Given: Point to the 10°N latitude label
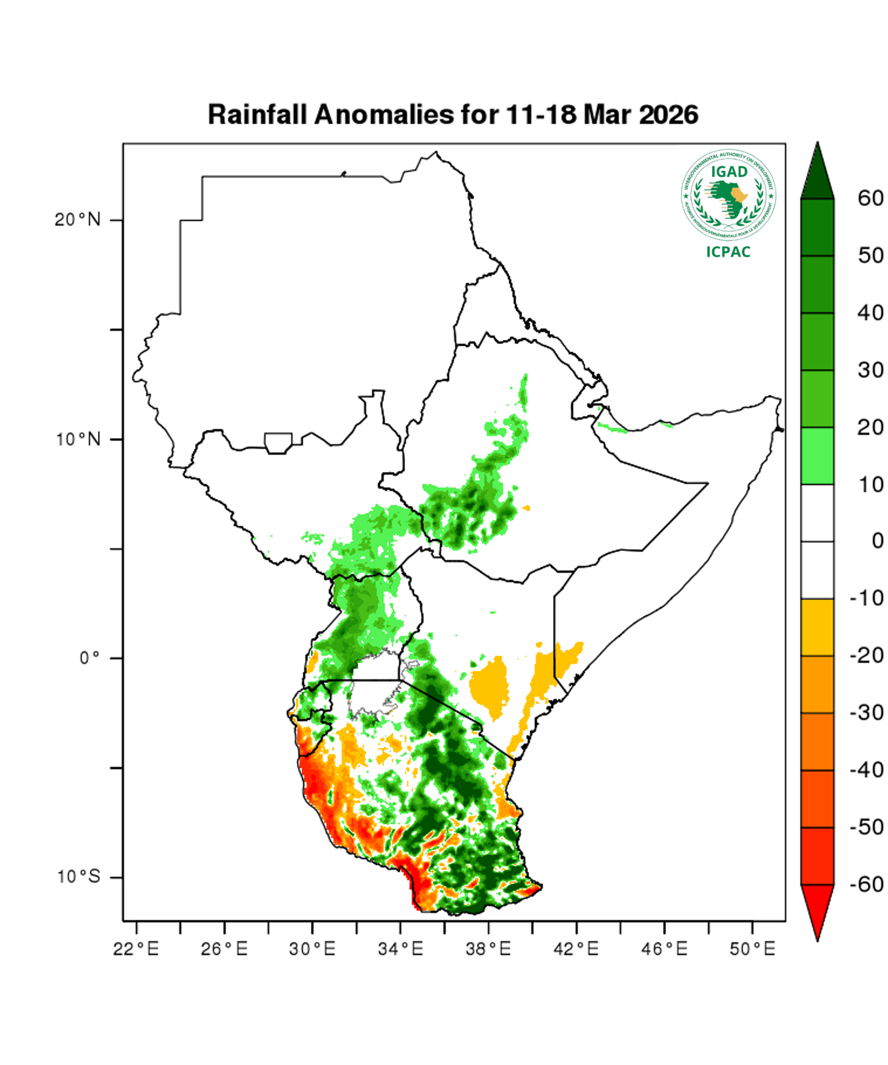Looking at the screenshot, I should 78,439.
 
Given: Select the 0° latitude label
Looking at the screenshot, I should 89,658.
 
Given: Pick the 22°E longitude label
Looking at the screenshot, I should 136,948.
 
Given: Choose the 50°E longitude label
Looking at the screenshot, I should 752,948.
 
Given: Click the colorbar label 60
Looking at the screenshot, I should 870,198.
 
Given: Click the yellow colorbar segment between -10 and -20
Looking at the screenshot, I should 817,627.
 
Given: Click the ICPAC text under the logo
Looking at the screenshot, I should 728,252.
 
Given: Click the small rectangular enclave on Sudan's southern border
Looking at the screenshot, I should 278,443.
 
